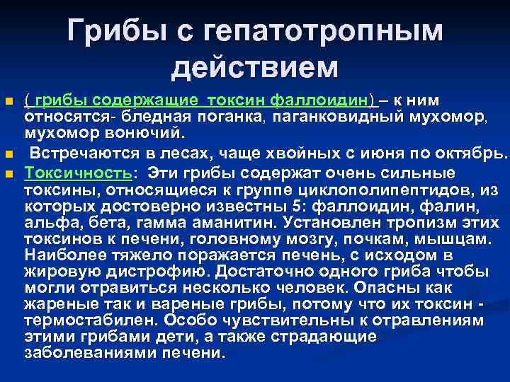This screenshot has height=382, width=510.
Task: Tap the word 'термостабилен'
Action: click(81, 320)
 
